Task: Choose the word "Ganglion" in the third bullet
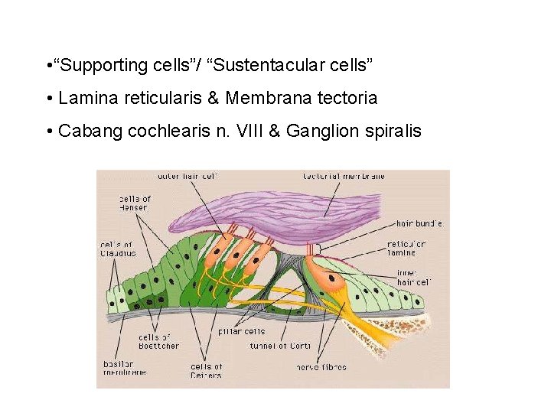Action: (x=322, y=132)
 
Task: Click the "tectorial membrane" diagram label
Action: (x=344, y=176)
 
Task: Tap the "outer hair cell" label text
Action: (x=187, y=176)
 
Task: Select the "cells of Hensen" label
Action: (x=135, y=203)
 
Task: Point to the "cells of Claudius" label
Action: (x=118, y=249)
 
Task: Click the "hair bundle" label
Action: (x=419, y=223)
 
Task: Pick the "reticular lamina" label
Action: (x=406, y=249)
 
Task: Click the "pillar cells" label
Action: (x=242, y=331)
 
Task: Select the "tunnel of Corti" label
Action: (x=281, y=346)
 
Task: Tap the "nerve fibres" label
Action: (x=321, y=367)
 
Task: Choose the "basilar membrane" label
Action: (x=118, y=369)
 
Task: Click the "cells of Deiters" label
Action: (x=207, y=371)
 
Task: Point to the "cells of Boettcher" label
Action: (x=159, y=342)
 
